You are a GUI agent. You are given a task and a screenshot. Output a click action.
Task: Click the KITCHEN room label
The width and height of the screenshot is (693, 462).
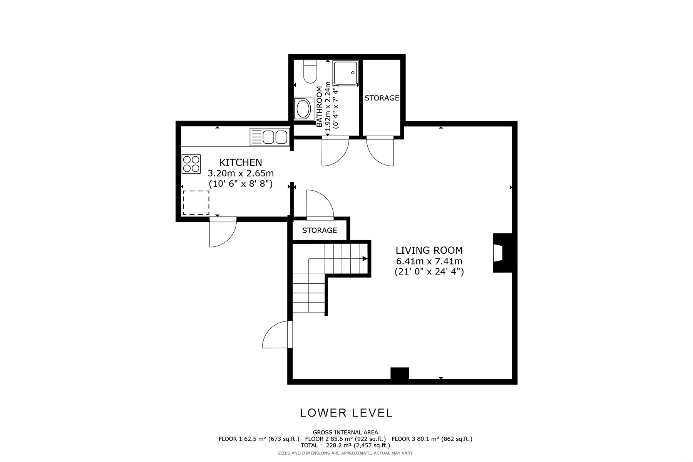pos(241,162)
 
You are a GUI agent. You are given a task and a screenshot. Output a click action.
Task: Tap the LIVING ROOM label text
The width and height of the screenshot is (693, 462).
pos(429,251)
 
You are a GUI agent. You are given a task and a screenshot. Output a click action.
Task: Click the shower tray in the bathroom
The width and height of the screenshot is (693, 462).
pos(346,72)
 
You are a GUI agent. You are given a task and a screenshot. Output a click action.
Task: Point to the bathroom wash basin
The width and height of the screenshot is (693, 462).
pos(303,109)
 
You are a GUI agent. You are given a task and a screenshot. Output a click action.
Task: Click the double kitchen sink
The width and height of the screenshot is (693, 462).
pos(269,137)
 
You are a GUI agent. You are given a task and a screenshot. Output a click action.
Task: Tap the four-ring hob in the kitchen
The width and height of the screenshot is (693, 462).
pos(191,164)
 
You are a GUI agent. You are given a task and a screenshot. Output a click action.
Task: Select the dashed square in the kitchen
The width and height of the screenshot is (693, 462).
pos(196,203)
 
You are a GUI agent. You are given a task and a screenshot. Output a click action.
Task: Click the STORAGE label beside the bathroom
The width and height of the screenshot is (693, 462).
pos(382,98)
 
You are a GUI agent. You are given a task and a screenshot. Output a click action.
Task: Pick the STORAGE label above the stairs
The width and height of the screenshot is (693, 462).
pos(320,230)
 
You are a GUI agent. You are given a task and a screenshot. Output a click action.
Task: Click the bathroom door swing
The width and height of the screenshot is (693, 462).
pos(335,151)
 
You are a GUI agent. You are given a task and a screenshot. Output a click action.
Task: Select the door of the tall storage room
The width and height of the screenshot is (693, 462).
pos(380,151)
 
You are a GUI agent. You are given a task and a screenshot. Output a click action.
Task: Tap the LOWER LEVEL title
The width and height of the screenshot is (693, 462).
pos(346,413)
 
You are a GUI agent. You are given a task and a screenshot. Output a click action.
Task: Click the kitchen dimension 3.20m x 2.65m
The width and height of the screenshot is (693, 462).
pos(241,173)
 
